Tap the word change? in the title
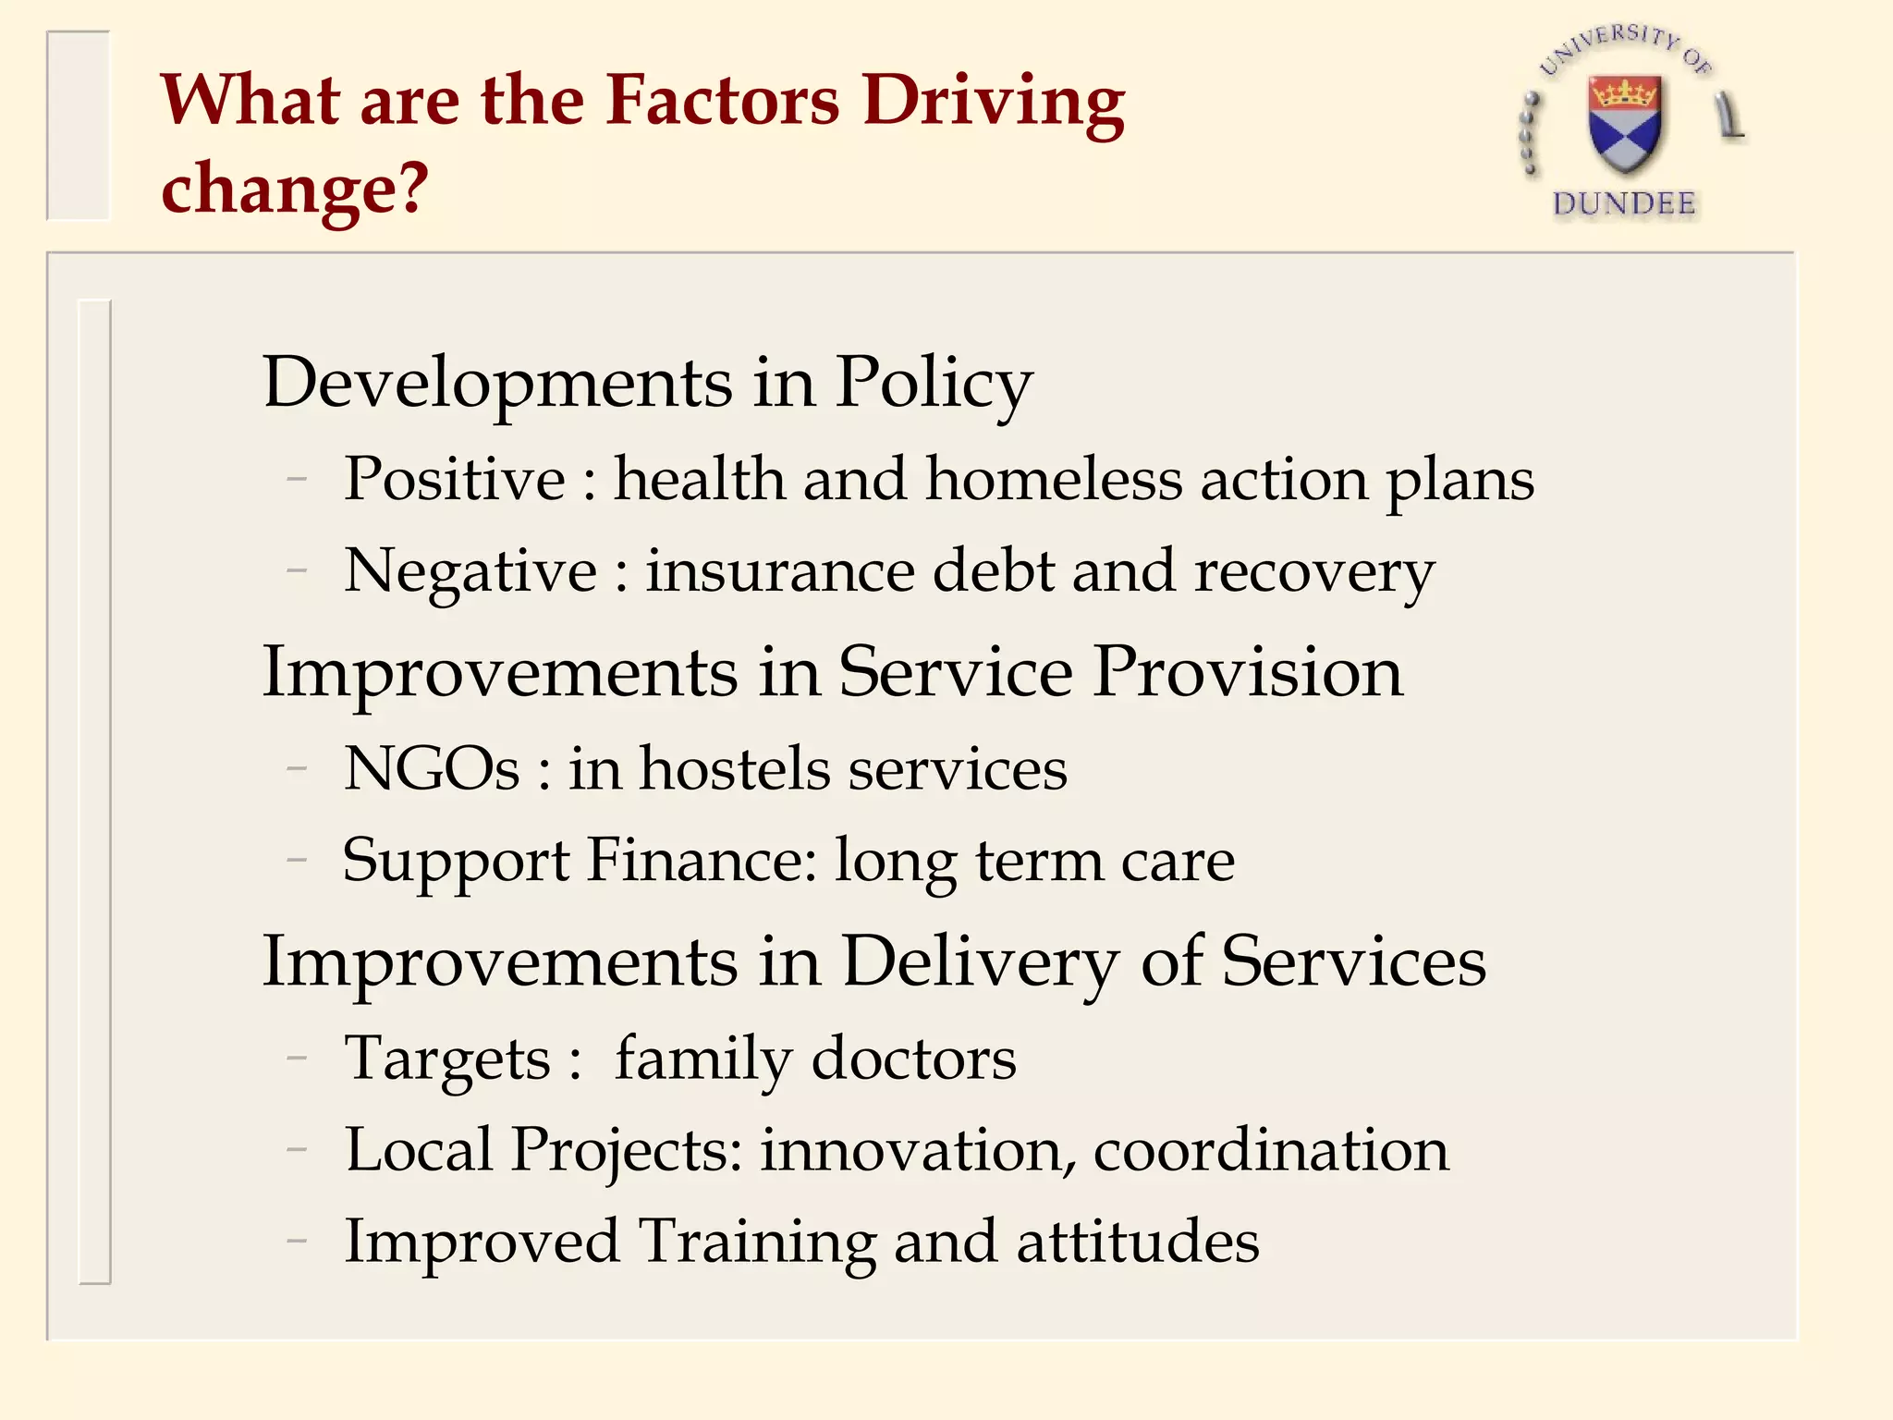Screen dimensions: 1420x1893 click(295, 188)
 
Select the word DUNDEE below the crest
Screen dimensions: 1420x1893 click(1624, 203)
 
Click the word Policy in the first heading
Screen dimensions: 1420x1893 click(934, 384)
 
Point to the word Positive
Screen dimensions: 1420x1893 click(455, 480)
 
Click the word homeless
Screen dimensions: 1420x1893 click(1054, 480)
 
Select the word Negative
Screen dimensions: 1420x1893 click(470, 571)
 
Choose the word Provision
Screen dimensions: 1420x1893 click(1248, 672)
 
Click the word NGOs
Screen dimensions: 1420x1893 click(432, 769)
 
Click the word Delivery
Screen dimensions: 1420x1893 click(981, 962)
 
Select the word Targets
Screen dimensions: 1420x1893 click(447, 1059)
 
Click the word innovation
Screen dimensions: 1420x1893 click(919, 1150)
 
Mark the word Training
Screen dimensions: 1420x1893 click(757, 1242)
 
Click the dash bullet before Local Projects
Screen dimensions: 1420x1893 click(297, 1151)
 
